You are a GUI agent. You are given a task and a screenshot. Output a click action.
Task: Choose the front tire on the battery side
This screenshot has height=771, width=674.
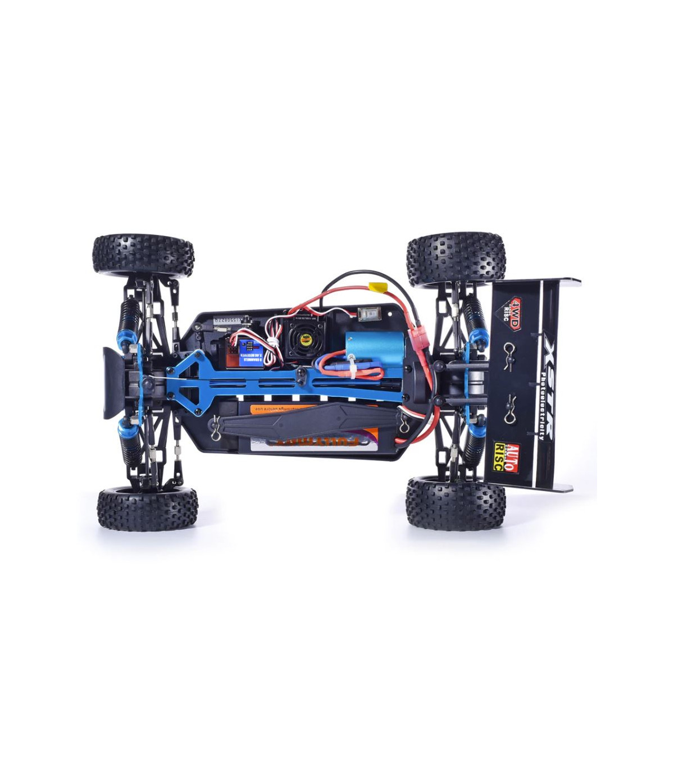click(147, 509)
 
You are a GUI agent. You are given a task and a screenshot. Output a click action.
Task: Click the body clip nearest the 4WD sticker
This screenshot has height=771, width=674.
click(511, 349)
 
